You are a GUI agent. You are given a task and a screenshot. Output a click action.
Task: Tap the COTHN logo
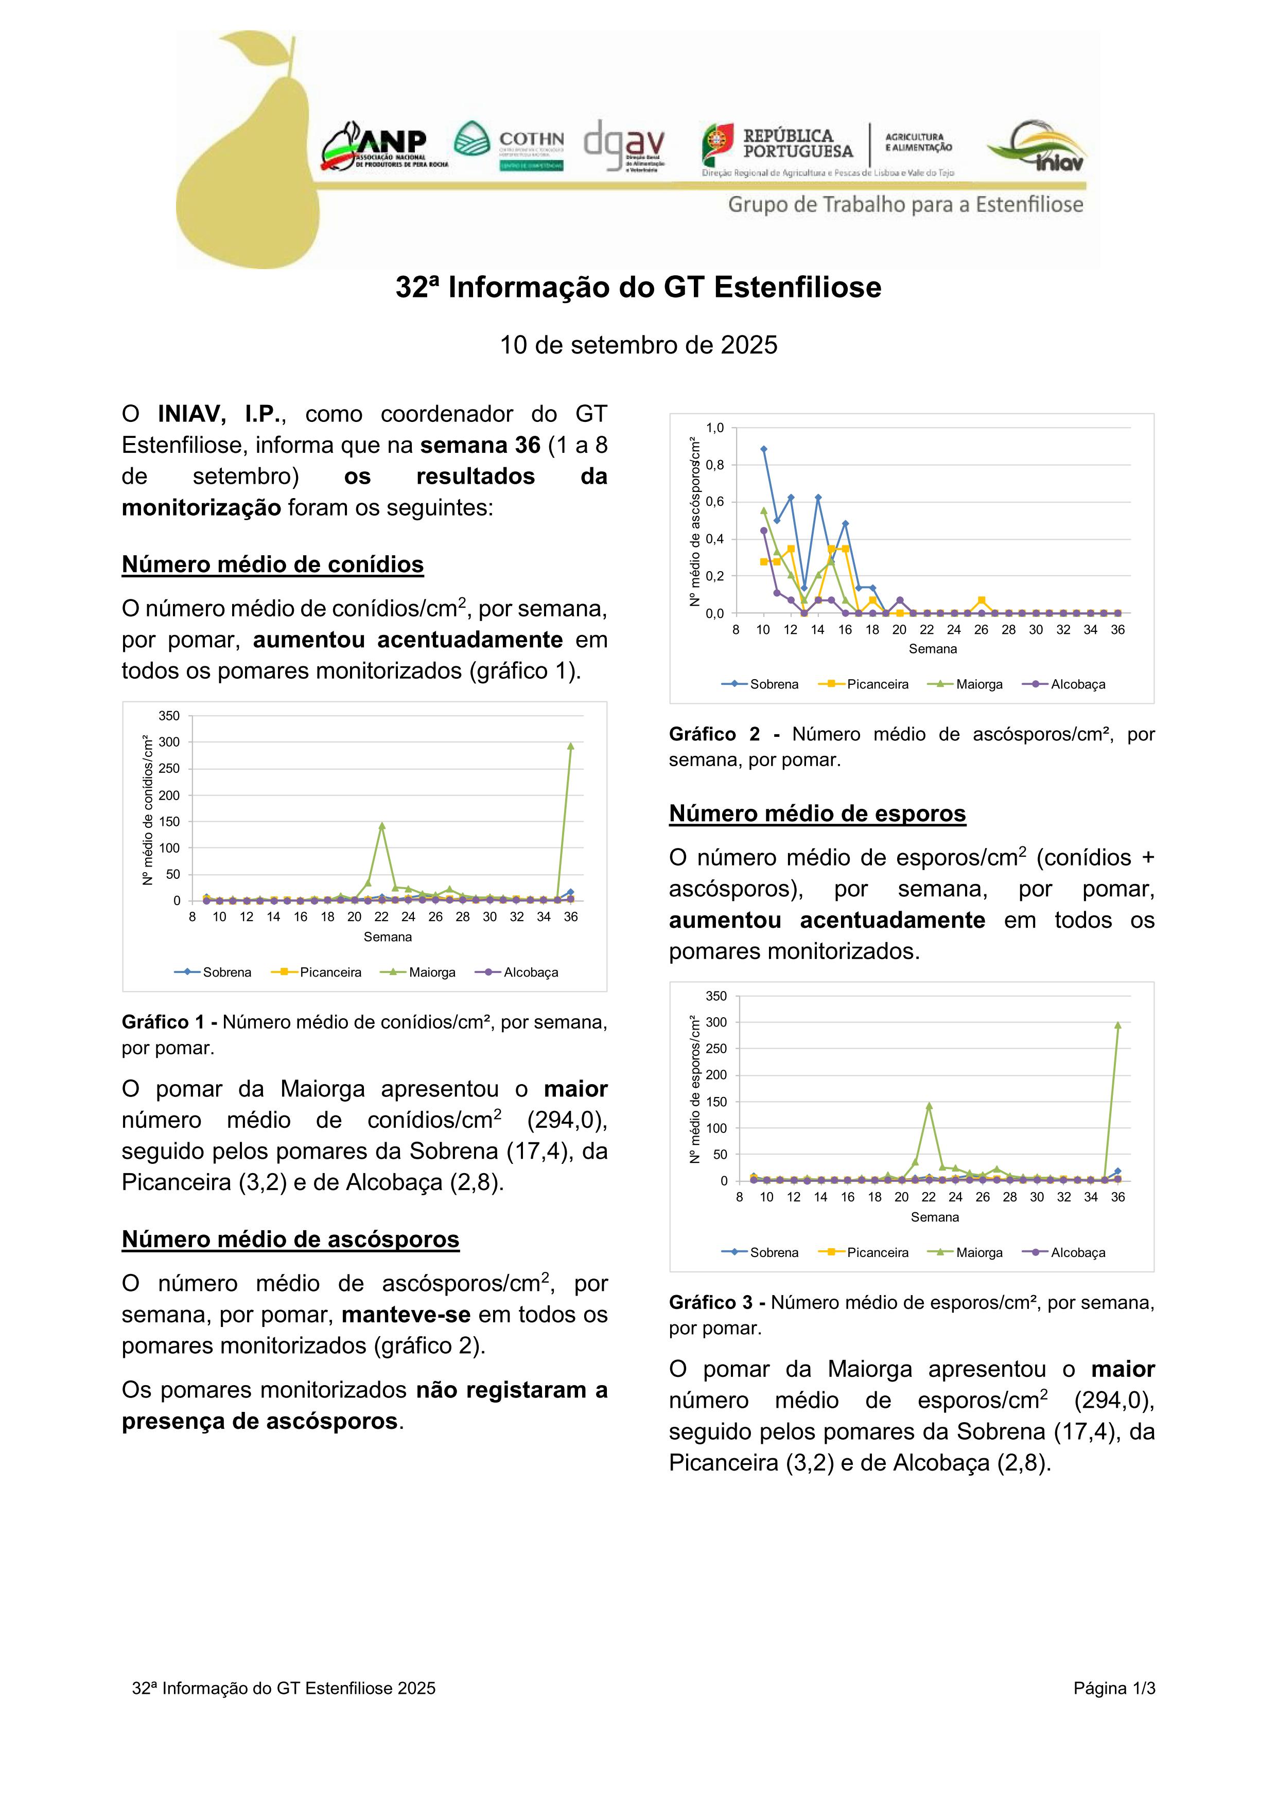tap(510, 146)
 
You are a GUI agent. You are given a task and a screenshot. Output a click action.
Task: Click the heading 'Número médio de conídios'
tap(272, 564)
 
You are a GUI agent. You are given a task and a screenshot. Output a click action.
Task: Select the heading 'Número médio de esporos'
tap(817, 813)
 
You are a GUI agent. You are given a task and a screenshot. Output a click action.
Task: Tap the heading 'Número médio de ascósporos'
tap(290, 1239)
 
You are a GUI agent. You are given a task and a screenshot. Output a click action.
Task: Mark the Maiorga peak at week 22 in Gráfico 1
tap(381, 825)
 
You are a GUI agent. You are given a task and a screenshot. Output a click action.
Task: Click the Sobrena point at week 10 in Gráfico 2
tap(763, 449)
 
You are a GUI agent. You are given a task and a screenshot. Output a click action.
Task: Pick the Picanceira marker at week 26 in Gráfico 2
tap(982, 600)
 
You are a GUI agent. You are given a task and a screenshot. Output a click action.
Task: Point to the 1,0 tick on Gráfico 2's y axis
tap(715, 428)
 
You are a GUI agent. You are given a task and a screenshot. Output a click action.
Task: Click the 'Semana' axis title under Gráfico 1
tap(388, 937)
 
